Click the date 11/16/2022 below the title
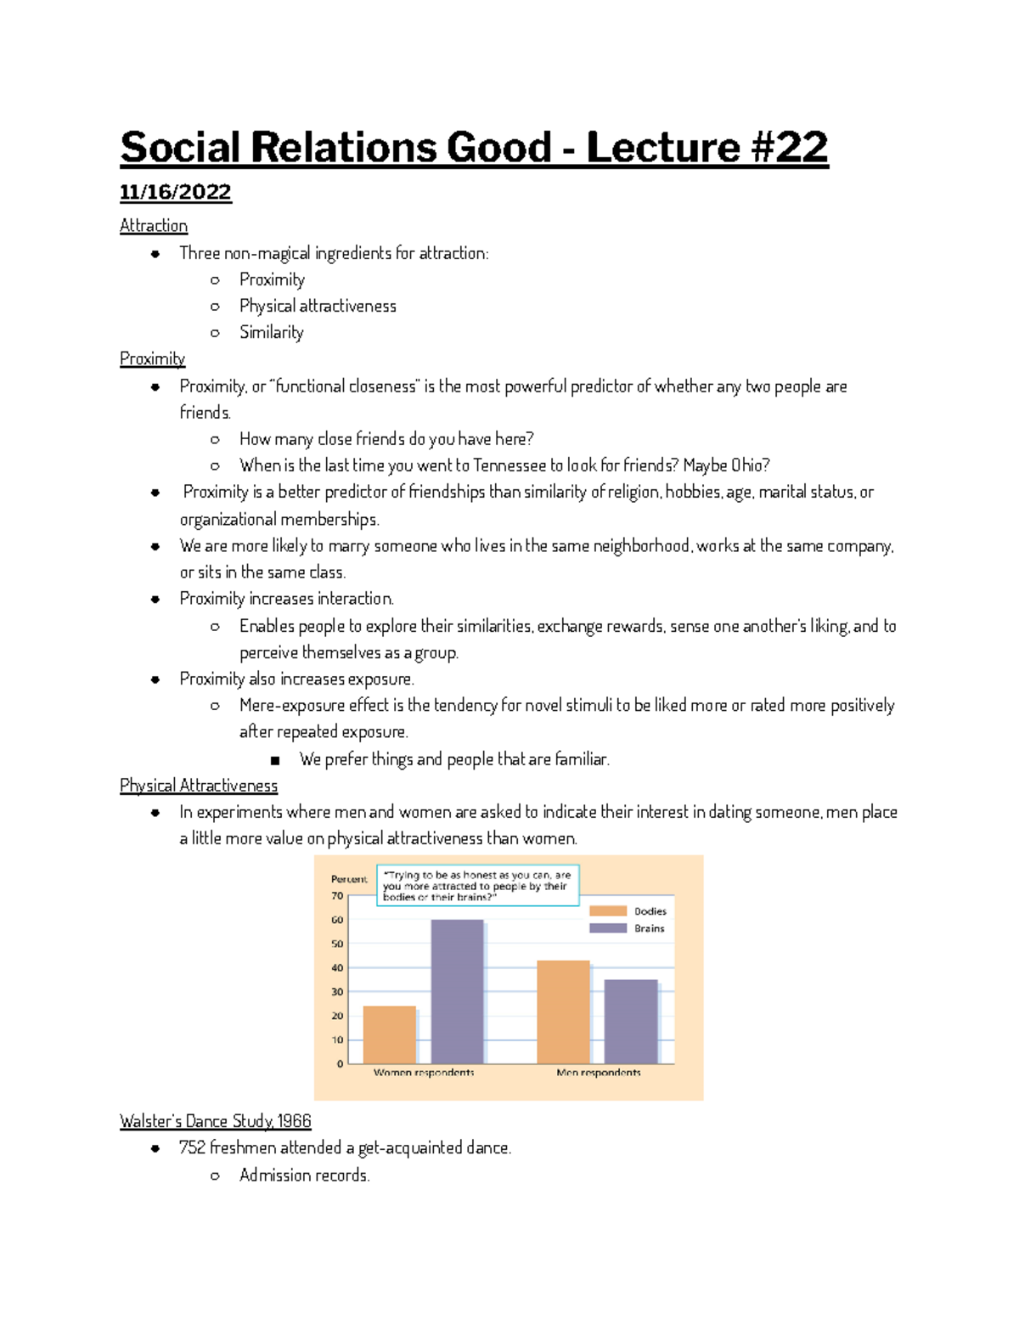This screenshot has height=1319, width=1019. pyautogui.click(x=175, y=192)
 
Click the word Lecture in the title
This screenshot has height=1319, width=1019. pyautogui.click(x=662, y=148)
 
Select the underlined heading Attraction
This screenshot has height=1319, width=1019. pyautogui.click(x=154, y=226)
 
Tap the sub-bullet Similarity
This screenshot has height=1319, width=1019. pyautogui.click(x=271, y=332)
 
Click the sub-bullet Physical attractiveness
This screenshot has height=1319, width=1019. pyautogui.click(x=318, y=306)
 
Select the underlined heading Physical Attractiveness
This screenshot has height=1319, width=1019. pyautogui.click(x=199, y=786)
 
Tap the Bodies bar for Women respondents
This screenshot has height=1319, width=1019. pyautogui.click(x=389, y=1034)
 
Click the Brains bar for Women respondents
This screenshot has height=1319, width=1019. pyautogui.click(x=457, y=991)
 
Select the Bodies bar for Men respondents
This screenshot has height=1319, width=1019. pyautogui.click(x=563, y=1011)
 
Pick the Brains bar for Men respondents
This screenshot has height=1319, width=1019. pyautogui.click(x=631, y=1021)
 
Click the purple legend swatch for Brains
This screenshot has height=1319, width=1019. pyautogui.click(x=608, y=928)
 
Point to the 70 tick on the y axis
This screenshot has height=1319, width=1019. pyautogui.click(x=338, y=896)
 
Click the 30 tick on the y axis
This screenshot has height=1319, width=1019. pyautogui.click(x=338, y=992)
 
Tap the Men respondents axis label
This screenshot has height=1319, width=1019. pyautogui.click(x=599, y=1073)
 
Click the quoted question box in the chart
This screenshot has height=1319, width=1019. pyautogui.click(x=477, y=886)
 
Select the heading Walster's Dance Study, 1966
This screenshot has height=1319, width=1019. pyautogui.click(x=216, y=1121)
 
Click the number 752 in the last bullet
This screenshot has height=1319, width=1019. pyautogui.click(x=192, y=1147)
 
